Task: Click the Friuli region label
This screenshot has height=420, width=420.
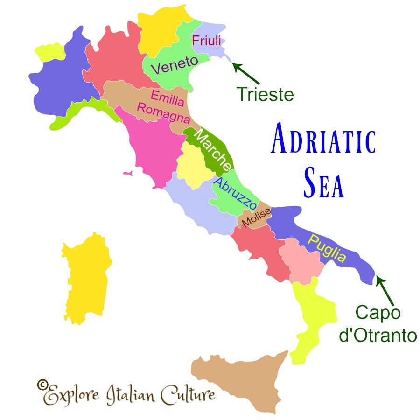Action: click(x=206, y=40)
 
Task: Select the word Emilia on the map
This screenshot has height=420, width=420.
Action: click(x=168, y=97)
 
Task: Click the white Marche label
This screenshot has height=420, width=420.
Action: click(x=212, y=150)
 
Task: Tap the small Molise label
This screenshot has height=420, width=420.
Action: click(x=256, y=218)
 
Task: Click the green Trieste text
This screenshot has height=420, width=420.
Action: click(x=265, y=94)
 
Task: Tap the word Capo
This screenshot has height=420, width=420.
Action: click(x=378, y=313)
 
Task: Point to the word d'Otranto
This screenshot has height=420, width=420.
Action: click(x=377, y=336)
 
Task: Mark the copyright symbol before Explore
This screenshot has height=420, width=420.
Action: click(x=42, y=384)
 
